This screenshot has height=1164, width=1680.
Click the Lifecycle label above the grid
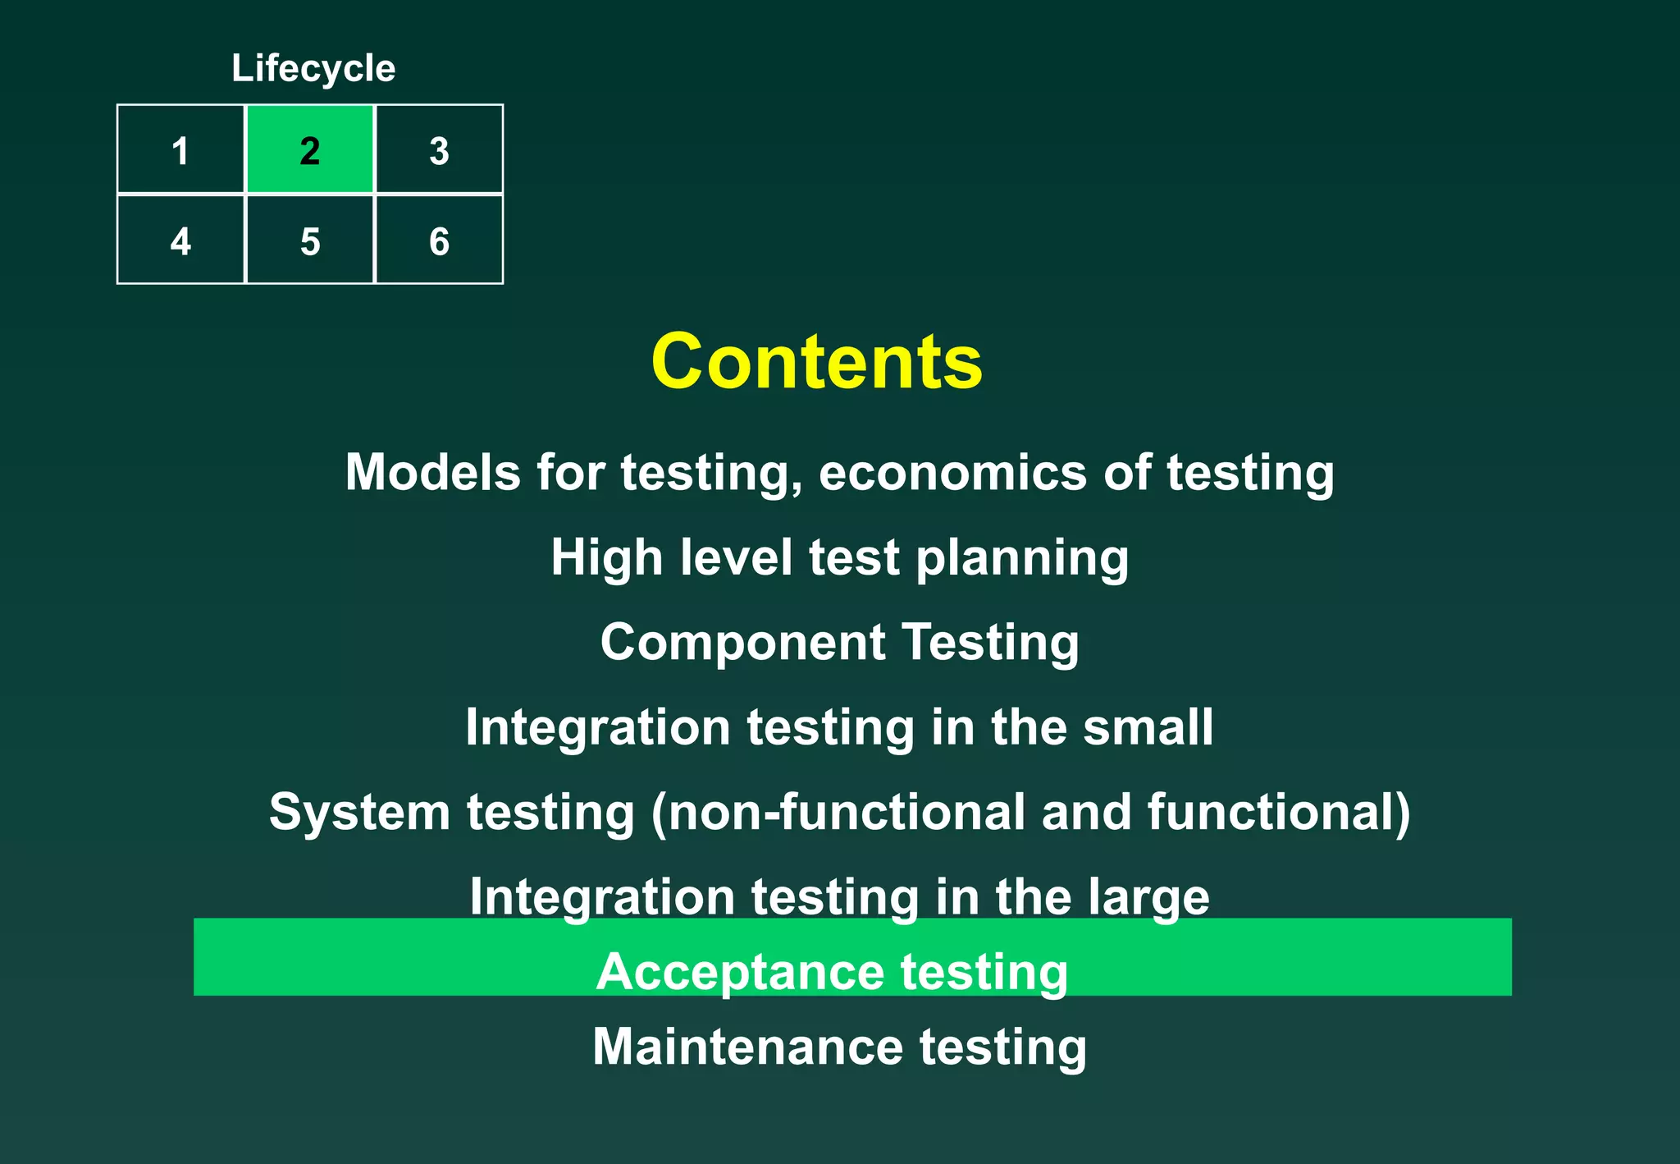coord(313,68)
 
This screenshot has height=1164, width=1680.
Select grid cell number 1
coord(180,150)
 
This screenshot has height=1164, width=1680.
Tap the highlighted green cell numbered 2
coord(310,150)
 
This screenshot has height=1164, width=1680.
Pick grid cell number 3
coord(439,150)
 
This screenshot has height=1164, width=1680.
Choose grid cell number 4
coord(180,241)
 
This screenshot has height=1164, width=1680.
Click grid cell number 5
coord(310,241)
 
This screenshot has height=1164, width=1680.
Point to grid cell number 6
coord(439,241)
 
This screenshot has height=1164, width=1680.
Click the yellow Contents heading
coord(816,362)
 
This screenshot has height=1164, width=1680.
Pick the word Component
coord(742,644)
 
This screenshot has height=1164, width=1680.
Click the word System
coord(359,813)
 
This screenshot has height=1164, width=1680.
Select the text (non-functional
coord(838,813)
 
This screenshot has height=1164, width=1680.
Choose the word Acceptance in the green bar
coord(740,973)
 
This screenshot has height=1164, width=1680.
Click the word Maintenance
coord(747,1047)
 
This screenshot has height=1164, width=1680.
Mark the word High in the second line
coord(606,558)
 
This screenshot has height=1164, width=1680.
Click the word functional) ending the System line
coord(1279,813)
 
